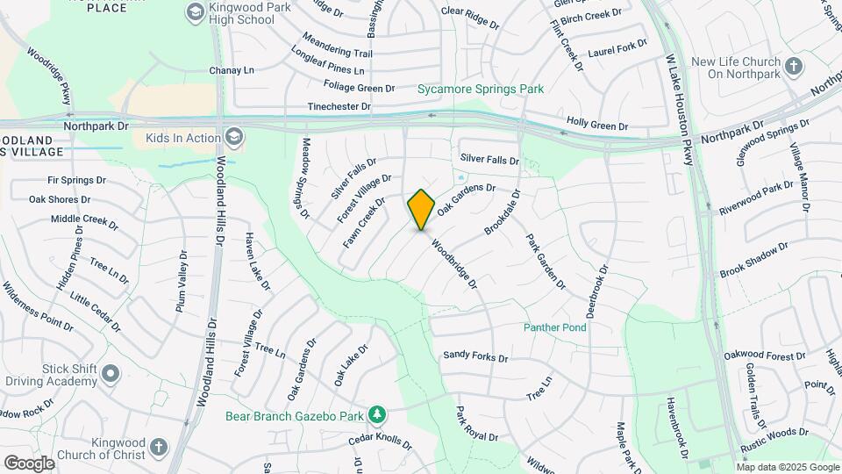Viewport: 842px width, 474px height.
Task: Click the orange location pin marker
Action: point(421,209)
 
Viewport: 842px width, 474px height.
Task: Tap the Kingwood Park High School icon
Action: point(195,12)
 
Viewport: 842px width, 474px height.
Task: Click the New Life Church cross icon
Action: point(794,67)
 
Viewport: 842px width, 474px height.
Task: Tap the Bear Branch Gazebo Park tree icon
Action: point(376,413)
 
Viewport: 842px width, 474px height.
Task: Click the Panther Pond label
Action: point(554,327)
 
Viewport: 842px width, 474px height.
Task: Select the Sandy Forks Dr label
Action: point(475,356)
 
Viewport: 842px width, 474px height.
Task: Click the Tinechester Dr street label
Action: point(339,106)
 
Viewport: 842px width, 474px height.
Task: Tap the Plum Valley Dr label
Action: point(182,280)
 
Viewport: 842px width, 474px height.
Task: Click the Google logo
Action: point(29,463)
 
